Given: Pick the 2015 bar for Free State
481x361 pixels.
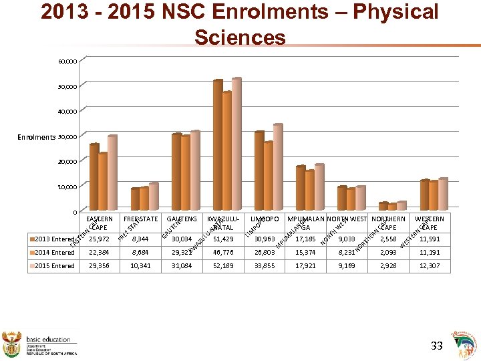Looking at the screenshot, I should pos(153,197).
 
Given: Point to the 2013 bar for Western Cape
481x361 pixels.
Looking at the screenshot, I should pos(424,195).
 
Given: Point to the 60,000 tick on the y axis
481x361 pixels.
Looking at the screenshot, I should pos(67,62).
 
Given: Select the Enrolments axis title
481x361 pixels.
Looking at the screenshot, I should pos(37,137).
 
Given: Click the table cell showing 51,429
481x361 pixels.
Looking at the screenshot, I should pos(224,239).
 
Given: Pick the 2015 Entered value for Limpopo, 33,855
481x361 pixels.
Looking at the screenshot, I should pos(265,265).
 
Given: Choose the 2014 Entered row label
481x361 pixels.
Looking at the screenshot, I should pos(53,252).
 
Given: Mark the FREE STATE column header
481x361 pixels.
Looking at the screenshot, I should pos(140,219).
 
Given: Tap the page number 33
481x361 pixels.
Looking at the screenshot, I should pos(436,346).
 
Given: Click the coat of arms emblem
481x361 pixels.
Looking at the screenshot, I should pos(13,341).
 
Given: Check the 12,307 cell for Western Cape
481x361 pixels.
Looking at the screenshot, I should pos(429,265).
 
